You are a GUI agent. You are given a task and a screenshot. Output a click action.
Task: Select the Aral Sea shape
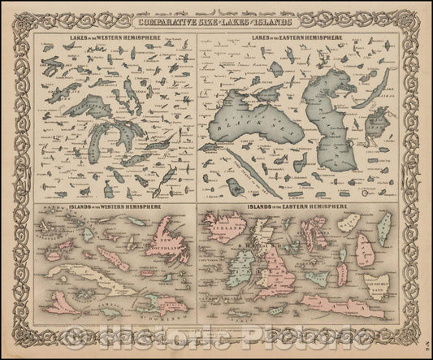(x=377, y=123)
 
